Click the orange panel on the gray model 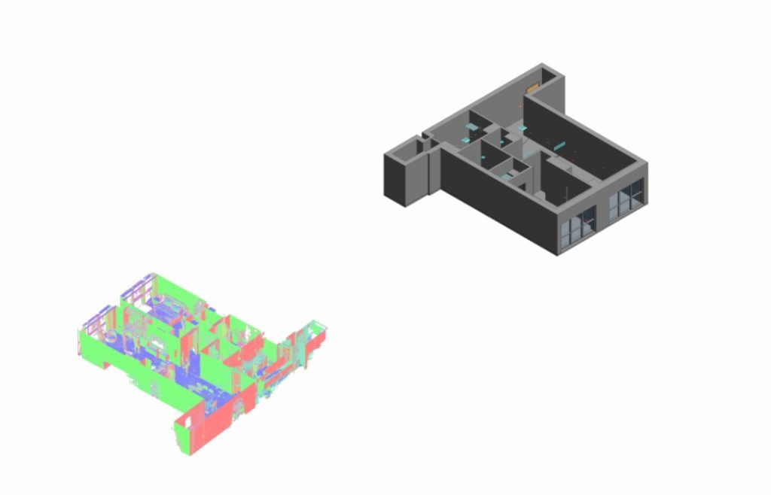(533, 88)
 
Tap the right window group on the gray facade (626, 198)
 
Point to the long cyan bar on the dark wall (560, 142)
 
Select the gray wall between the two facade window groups (602, 214)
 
